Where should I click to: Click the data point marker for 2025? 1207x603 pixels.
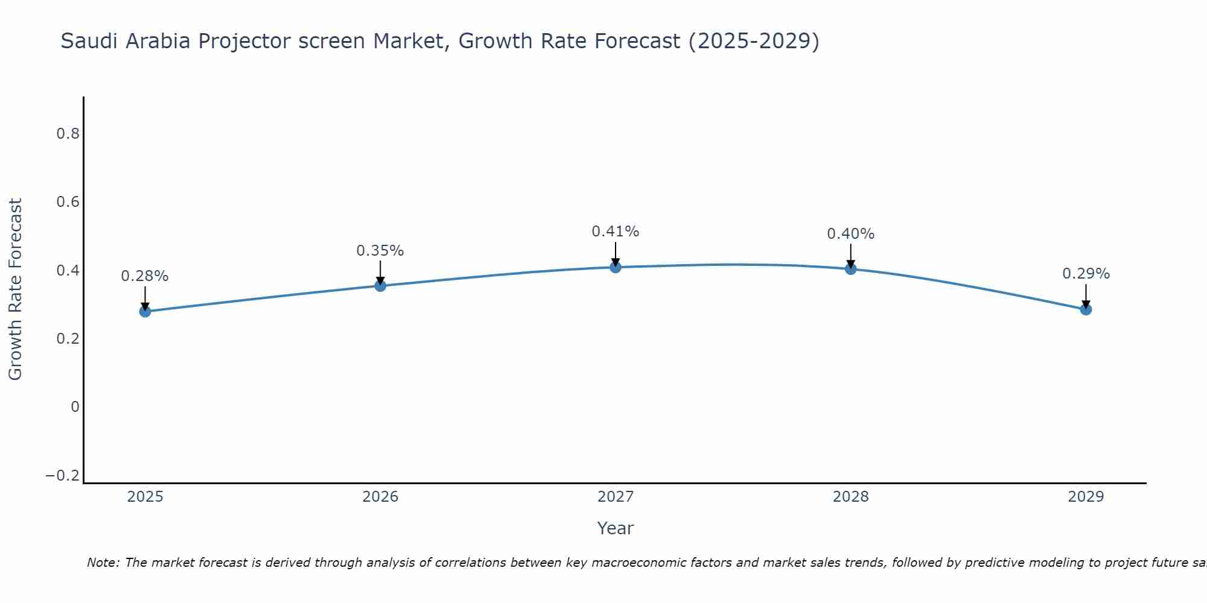point(145,311)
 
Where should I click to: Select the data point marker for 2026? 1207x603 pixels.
point(380,285)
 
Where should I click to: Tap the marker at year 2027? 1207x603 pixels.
point(615,267)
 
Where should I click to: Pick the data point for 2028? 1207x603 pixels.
point(850,268)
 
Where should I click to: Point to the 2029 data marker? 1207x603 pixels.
point(1086,309)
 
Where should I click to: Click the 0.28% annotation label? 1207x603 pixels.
point(145,276)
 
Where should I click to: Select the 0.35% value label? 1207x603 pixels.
point(380,251)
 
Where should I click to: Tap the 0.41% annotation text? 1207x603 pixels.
point(615,232)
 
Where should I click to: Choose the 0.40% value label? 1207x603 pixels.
point(850,234)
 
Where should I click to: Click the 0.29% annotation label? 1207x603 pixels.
point(1086,274)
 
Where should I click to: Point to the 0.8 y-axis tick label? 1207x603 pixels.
point(68,133)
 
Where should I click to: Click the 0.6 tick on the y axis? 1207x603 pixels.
point(68,201)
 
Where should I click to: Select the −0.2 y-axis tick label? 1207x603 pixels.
point(63,476)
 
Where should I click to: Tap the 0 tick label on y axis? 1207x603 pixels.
point(75,407)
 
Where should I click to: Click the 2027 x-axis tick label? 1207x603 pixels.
point(615,497)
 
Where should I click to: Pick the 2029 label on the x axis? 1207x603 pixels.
point(1086,497)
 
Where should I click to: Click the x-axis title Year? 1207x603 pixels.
point(615,528)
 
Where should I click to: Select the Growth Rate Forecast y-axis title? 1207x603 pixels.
point(16,289)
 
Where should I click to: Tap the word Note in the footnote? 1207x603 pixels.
point(103,563)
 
